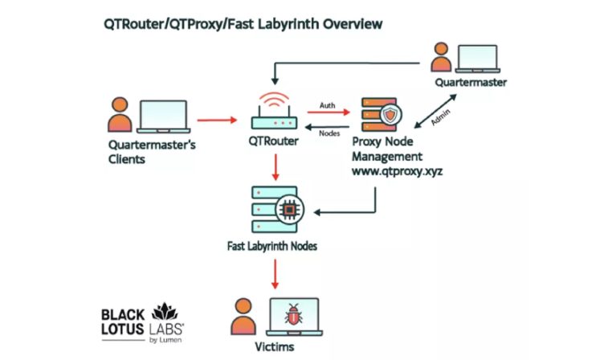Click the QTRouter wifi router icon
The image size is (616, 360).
pyautogui.click(x=274, y=111)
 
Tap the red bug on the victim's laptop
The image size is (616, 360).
pyautogui.click(x=293, y=314)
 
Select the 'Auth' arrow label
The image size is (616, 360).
pyautogui.click(x=327, y=105)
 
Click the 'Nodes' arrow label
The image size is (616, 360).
pyautogui.click(x=329, y=133)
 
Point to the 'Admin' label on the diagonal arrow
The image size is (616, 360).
pyautogui.click(x=440, y=117)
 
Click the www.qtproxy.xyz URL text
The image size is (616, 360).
pyautogui.click(x=398, y=171)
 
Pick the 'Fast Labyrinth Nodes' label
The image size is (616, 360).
pyautogui.click(x=271, y=246)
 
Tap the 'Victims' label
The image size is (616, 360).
pyautogui.click(x=274, y=346)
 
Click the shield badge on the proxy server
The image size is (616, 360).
pyautogui.click(x=390, y=115)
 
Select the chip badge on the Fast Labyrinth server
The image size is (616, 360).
pyautogui.click(x=290, y=210)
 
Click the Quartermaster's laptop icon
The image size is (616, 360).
pyautogui.click(x=477, y=59)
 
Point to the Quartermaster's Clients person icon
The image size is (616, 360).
pyautogui.click(x=120, y=114)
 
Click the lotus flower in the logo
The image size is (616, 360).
pyautogui.click(x=165, y=312)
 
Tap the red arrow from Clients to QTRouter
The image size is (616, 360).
pyautogui.click(x=217, y=120)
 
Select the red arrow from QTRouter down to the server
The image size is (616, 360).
pyautogui.click(x=275, y=167)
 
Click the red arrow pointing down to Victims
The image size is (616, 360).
pyautogui.click(x=275, y=274)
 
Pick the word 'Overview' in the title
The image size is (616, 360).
pyautogui.click(x=353, y=24)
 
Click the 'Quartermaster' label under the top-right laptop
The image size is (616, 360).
pyautogui.click(x=471, y=82)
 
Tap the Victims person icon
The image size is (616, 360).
pyautogui.click(x=243, y=317)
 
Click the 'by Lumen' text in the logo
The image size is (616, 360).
pyautogui.click(x=165, y=340)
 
